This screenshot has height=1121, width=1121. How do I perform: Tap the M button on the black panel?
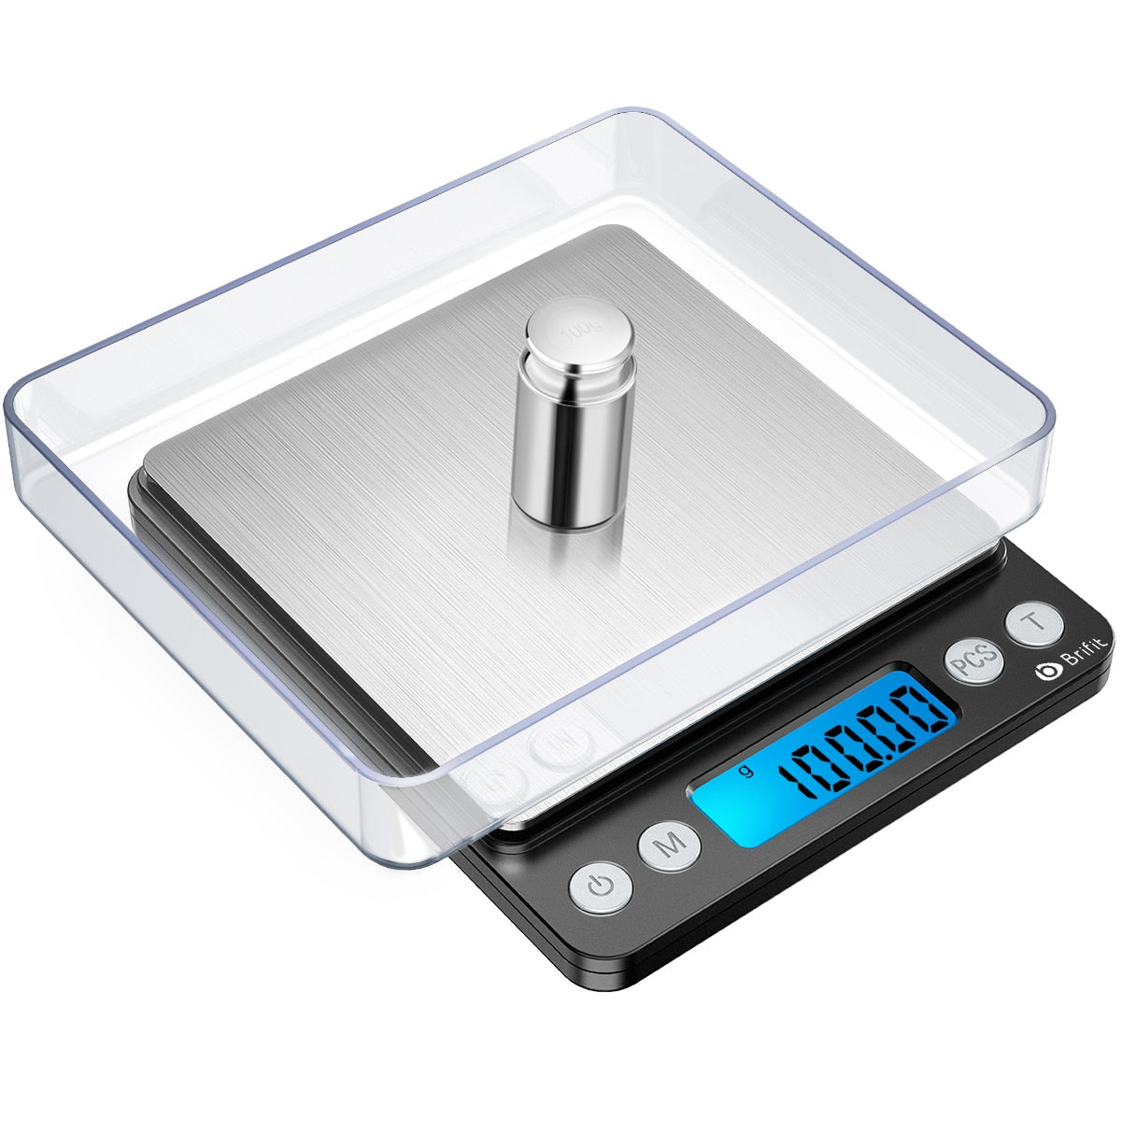coord(669,846)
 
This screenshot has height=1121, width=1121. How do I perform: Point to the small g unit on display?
coord(745,772)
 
